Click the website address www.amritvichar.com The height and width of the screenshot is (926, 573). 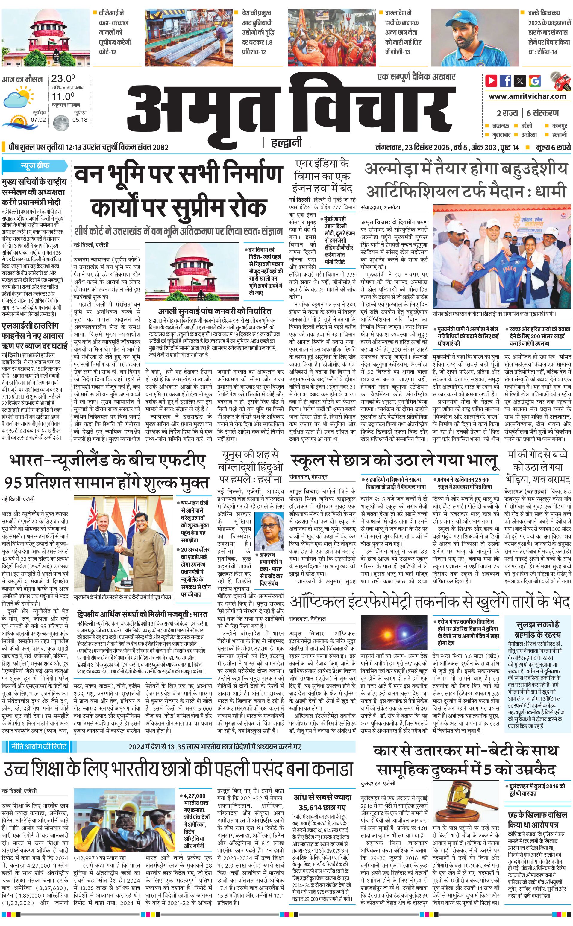click(527, 96)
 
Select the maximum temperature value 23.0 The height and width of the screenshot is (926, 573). click(63, 79)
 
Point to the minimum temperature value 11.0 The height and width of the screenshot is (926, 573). click(63, 96)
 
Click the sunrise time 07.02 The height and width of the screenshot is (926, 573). click(38, 120)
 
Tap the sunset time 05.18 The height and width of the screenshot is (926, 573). click(80, 120)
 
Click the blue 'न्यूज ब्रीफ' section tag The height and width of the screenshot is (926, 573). click(35, 165)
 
